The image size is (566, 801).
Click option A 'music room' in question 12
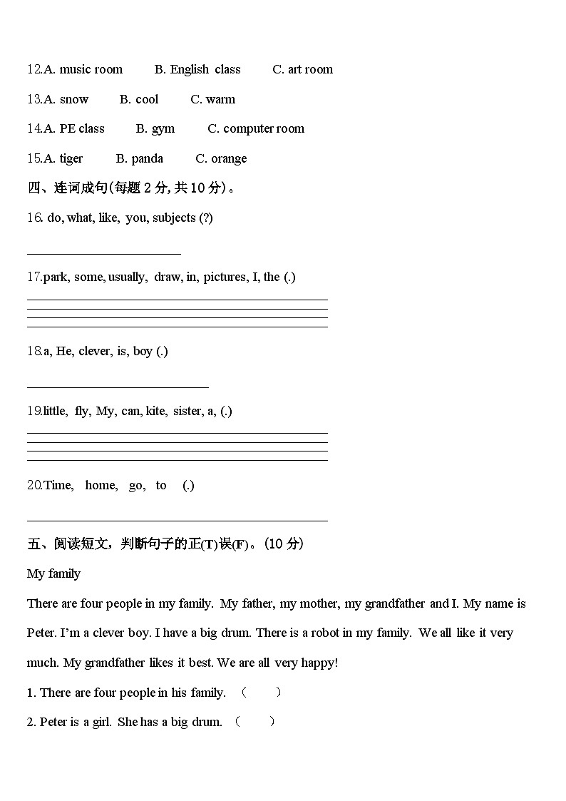tap(91, 69)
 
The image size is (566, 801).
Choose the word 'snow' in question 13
tap(74, 99)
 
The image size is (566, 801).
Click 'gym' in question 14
tap(163, 129)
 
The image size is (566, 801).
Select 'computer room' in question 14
tap(263, 129)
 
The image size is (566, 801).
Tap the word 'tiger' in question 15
tap(71, 158)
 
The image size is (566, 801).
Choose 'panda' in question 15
tap(147, 158)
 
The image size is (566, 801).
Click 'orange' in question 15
tap(229, 158)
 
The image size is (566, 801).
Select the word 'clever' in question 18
tap(95, 352)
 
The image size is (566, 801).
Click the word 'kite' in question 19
tap(155, 412)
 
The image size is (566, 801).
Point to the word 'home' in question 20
tap(101, 486)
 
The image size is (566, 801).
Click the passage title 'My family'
tap(53, 574)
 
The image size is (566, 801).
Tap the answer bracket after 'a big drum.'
tap(254, 722)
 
